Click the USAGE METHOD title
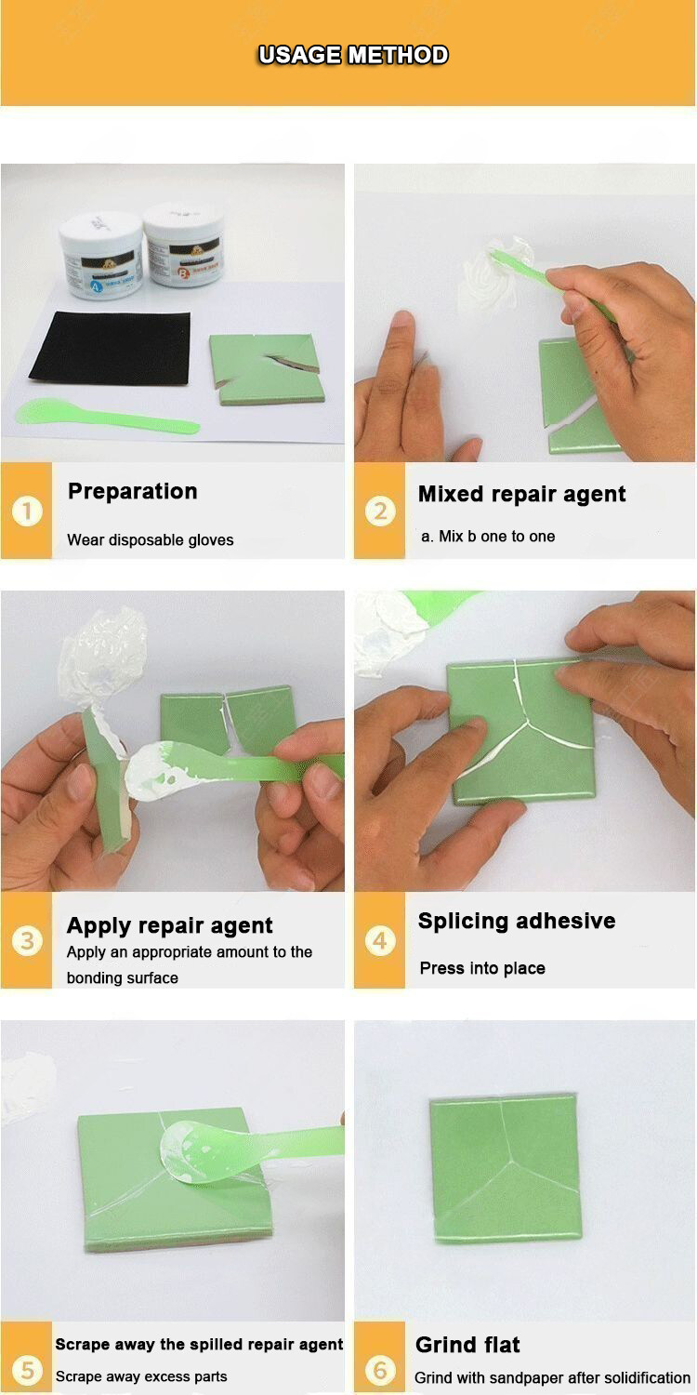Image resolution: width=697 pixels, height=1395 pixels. [x=353, y=55]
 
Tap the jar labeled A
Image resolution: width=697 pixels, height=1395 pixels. [x=100, y=255]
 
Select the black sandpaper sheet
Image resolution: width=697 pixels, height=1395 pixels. [x=111, y=348]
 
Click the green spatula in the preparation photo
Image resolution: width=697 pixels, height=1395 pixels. [x=106, y=415]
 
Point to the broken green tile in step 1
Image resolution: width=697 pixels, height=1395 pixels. [x=267, y=368]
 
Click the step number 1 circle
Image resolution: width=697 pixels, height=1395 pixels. [x=27, y=511]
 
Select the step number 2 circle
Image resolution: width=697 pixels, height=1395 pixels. [x=379, y=511]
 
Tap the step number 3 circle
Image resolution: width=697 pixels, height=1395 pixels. [x=27, y=940]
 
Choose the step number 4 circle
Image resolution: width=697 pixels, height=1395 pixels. [x=379, y=940]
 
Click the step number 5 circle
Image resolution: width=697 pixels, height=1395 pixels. [x=27, y=1370]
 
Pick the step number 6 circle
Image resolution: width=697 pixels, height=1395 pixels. [x=379, y=1370]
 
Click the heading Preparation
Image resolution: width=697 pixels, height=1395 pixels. [x=133, y=491]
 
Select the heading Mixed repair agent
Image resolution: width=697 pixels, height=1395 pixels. [x=521, y=494]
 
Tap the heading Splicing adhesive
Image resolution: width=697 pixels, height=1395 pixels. [x=517, y=921]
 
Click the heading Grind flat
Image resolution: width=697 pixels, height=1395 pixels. [x=467, y=1345]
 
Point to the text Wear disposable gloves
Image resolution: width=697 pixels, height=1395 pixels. [x=151, y=540]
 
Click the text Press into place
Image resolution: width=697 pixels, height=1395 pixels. [x=482, y=968]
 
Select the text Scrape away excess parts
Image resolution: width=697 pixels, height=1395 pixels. [x=141, y=1376]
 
